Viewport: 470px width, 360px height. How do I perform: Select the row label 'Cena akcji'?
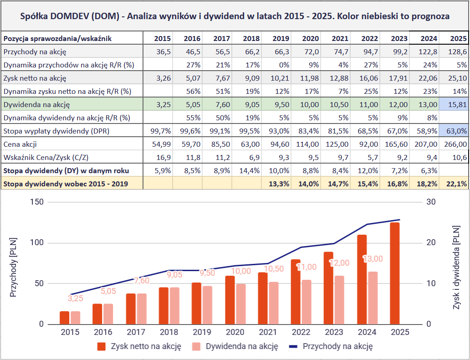pos(20,144)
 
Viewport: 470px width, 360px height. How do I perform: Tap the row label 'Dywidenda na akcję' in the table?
pos(36,105)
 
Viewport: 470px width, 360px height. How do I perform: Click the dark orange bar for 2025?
pos(394,273)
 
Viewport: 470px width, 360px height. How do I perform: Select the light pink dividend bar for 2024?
pos(373,298)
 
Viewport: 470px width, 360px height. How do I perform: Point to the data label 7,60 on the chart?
pos(142,281)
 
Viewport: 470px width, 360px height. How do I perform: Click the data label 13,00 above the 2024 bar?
pos(373,259)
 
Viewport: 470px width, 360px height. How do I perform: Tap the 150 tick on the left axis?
pos(37,202)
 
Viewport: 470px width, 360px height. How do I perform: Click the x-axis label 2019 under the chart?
pos(201,332)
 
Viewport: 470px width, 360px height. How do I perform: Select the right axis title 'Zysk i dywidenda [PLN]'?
pos(456,269)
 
